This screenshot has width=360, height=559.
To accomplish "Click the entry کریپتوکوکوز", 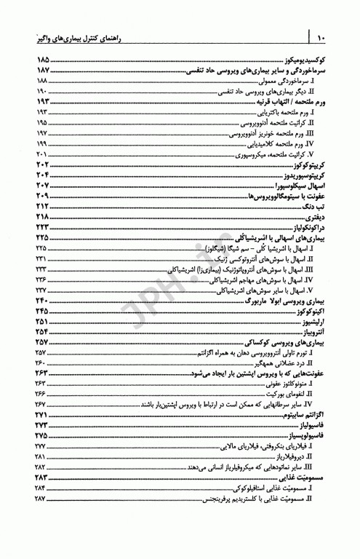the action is (306, 166).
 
